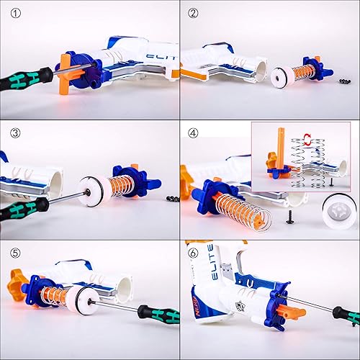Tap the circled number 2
[x=193, y=12]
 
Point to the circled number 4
[x=193, y=132]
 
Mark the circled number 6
[x=193, y=252]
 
